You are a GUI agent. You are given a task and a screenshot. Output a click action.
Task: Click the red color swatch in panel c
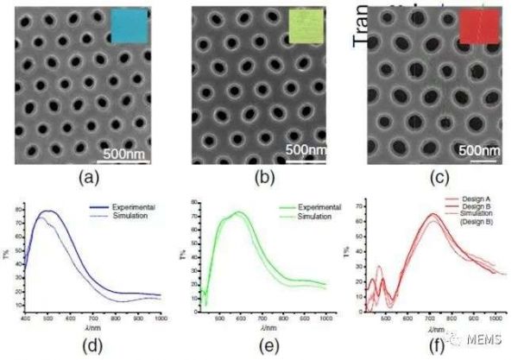480,27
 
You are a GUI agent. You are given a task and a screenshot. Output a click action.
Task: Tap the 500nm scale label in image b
306,149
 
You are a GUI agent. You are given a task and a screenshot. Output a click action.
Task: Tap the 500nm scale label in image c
478,149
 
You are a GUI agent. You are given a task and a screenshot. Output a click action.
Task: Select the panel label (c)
435,180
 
